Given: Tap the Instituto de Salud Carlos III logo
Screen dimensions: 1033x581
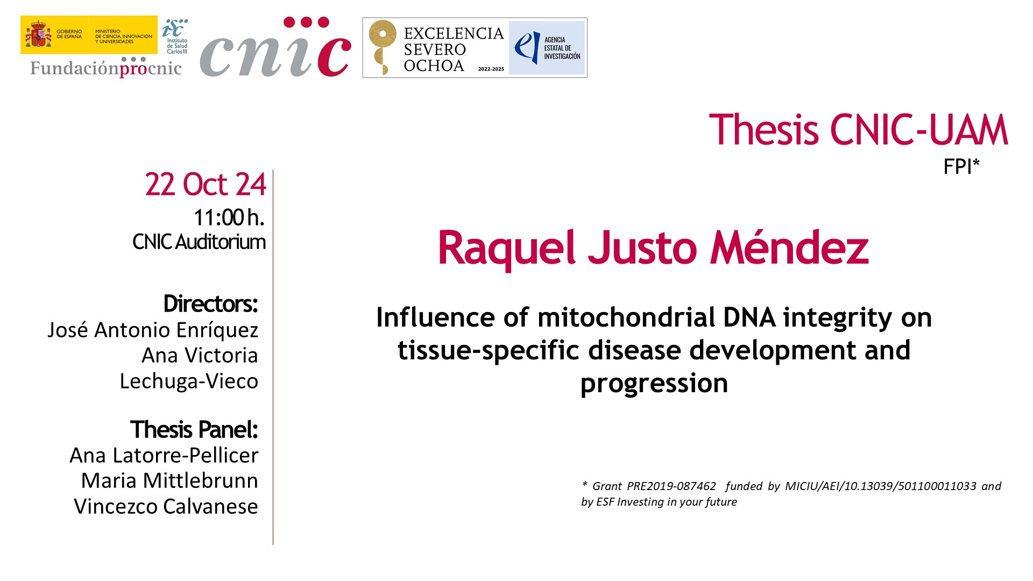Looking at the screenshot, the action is click(175, 36).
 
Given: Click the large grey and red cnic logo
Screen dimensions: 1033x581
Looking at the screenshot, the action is click(275, 47).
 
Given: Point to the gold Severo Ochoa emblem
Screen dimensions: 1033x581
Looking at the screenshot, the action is click(382, 47).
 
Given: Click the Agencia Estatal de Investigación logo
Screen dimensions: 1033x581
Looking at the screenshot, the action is click(547, 48).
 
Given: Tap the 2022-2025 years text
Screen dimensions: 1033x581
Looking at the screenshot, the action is click(491, 69).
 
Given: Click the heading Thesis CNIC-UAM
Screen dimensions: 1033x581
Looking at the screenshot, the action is click(858, 130).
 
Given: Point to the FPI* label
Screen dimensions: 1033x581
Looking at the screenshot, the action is click(961, 167).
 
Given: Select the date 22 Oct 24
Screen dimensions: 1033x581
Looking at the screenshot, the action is click(206, 185).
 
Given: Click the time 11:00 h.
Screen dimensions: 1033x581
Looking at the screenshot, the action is click(229, 217).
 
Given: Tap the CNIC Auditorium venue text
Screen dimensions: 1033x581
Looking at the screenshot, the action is click(199, 242).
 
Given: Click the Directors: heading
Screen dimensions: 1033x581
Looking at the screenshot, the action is click(211, 304).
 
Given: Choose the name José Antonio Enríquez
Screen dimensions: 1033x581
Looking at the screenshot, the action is click(153, 330).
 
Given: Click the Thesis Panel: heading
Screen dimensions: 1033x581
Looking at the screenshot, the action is click(194, 429).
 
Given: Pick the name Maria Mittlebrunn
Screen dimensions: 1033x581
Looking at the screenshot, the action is click(169, 480).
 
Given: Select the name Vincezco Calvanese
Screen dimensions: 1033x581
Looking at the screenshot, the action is click(166, 506).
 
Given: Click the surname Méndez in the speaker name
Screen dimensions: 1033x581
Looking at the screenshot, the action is click(789, 247).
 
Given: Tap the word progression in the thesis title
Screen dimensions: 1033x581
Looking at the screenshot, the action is click(654, 384).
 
